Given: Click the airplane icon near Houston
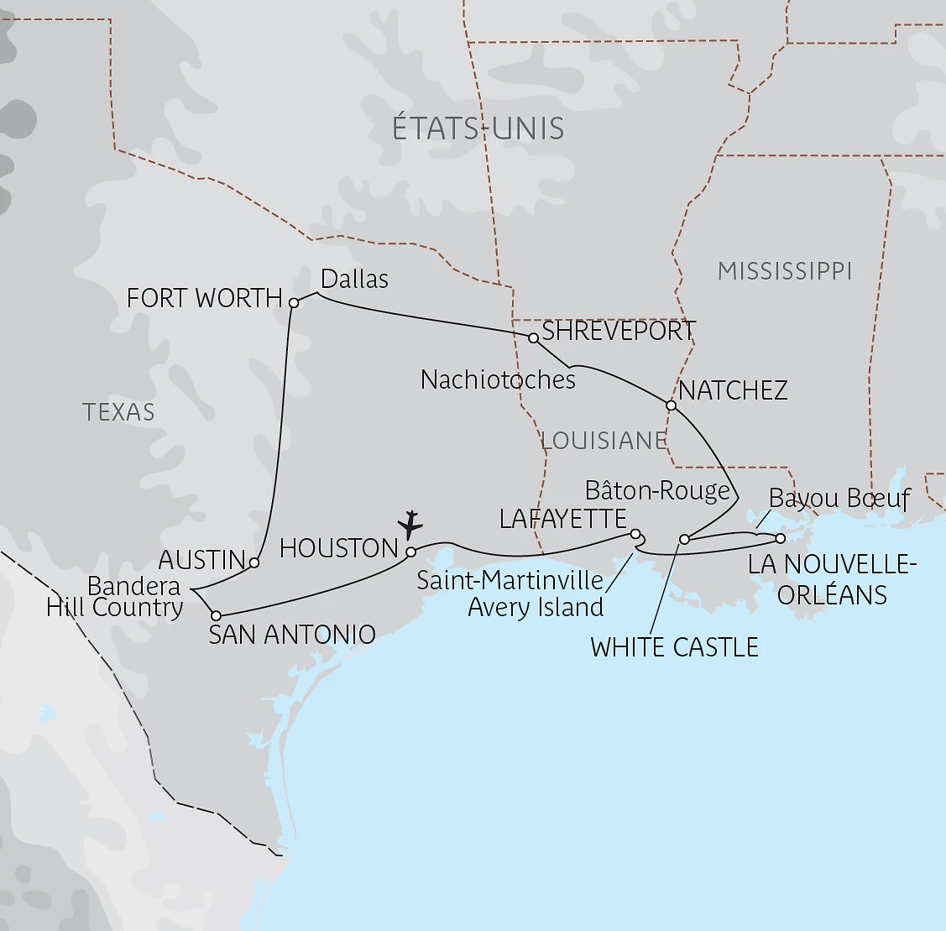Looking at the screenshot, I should click(x=410, y=524).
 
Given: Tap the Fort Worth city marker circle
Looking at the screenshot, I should click(x=294, y=302).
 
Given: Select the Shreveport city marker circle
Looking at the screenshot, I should click(x=533, y=338).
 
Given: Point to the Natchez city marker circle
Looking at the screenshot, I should click(x=671, y=405).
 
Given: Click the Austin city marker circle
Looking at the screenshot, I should click(x=254, y=562).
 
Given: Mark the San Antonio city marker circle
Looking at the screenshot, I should click(x=216, y=615).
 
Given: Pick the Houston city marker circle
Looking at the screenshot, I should click(x=411, y=552).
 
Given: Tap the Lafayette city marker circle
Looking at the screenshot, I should click(x=635, y=534).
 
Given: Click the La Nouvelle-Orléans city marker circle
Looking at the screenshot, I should click(x=780, y=537).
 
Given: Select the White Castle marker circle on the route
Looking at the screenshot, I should click(x=684, y=539).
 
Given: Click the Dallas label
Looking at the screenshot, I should click(x=355, y=279).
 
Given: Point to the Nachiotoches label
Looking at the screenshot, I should click(x=498, y=379).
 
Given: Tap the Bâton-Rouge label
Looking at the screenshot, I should click(x=657, y=490).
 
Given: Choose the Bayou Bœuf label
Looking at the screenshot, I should click(x=839, y=499).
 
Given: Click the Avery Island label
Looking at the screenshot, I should click(x=536, y=607).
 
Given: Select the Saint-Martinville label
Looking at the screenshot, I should click(x=510, y=580).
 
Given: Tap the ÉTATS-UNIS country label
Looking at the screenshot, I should click(x=478, y=128).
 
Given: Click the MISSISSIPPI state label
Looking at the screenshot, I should click(x=785, y=271).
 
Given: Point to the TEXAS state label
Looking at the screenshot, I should click(x=118, y=412).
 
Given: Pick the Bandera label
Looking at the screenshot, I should click(x=133, y=586).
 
